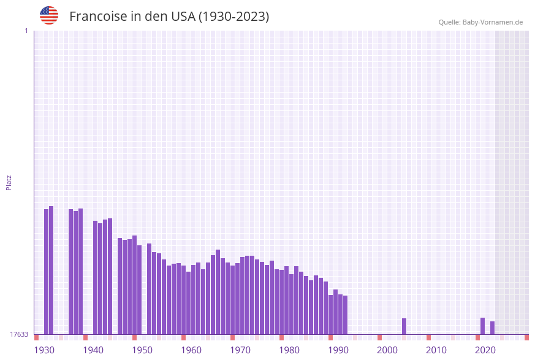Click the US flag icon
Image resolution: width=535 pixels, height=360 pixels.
[49, 15]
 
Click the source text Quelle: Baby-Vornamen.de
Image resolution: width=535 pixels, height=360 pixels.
[480, 22]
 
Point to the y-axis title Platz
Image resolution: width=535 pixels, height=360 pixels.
[9, 182]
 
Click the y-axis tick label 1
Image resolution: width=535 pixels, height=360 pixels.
[26, 31]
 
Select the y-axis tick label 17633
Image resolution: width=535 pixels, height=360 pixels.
[18, 334]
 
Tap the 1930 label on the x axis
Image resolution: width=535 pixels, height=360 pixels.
[44, 350]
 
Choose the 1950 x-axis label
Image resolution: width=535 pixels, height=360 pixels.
[142, 350]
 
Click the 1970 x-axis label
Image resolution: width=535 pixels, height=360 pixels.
[240, 350]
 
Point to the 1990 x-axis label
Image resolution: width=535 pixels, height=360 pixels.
[338, 350]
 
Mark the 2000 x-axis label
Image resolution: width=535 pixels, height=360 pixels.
[387, 350]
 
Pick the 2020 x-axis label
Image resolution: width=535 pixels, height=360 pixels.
[485, 350]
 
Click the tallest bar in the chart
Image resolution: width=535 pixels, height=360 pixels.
[51, 270]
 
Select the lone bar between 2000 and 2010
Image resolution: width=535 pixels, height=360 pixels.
[404, 326]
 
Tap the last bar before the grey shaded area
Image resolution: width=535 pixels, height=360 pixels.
[492, 327]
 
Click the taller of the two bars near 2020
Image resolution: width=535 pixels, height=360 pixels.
[482, 326]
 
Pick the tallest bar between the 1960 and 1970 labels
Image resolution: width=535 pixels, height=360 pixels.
[218, 292]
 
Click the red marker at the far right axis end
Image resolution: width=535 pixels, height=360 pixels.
[526, 337]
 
